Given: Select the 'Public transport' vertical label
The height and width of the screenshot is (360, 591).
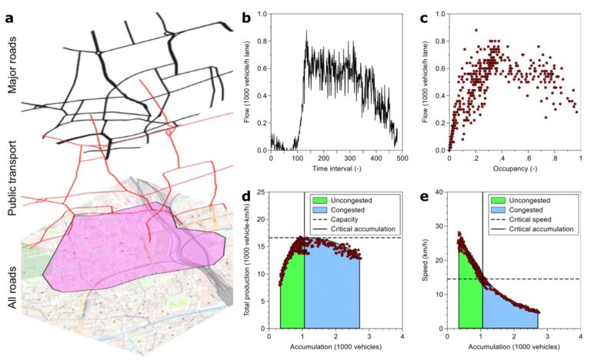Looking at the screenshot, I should pyautogui.click(x=12, y=171).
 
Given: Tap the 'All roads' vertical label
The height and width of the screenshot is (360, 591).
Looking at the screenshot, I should pyautogui.click(x=12, y=285).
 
